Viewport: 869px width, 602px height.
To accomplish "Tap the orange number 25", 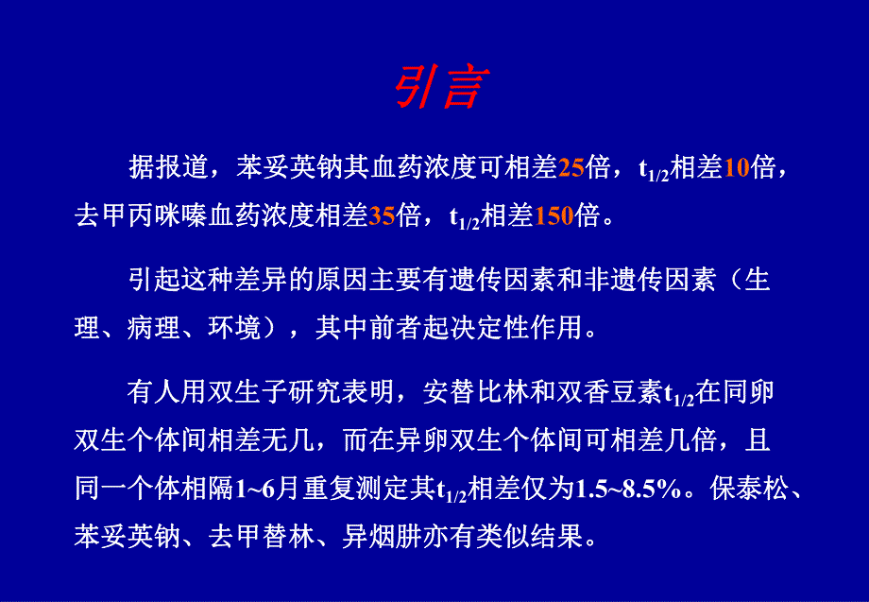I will point(571,168).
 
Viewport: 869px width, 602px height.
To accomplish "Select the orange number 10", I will point(736,168).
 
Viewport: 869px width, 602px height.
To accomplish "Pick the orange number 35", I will point(382,216).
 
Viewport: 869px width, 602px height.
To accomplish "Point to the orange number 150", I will point(554,216).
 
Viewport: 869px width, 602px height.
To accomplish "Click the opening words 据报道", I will point(167,168).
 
